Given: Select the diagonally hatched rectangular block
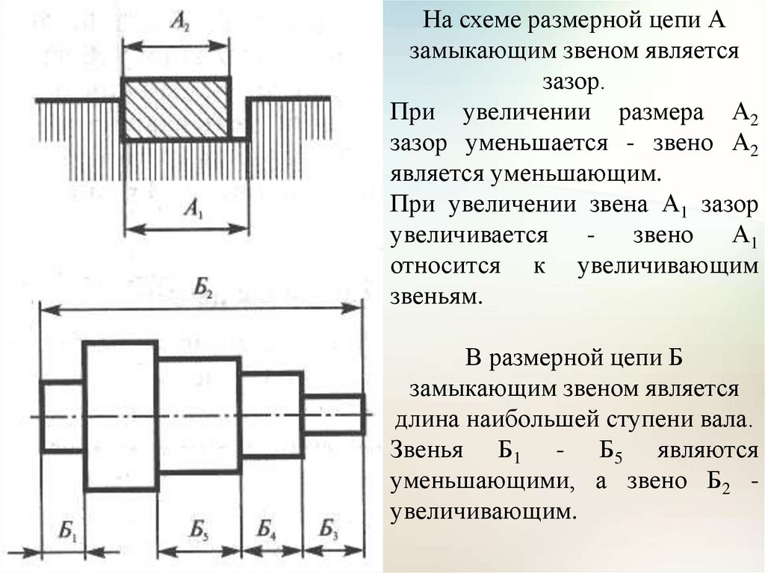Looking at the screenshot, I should pyautogui.click(x=177, y=108).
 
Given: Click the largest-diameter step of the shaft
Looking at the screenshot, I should pyautogui.click(x=121, y=415).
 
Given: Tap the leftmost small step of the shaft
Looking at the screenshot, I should pyautogui.click(x=62, y=415).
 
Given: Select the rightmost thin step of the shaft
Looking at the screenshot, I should pyautogui.click(x=333, y=415).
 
